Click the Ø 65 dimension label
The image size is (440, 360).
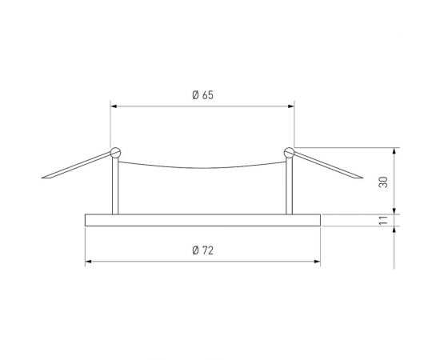click(202, 96)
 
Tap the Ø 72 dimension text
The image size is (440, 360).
click(202, 251)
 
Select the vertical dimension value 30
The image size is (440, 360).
click(384, 182)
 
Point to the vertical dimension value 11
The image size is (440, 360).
click(384, 220)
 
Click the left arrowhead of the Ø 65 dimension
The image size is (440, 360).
click(113, 105)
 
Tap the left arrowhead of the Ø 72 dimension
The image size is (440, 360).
click(88, 262)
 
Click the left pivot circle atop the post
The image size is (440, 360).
click(117, 151)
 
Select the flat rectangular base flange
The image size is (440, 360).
click(202, 220)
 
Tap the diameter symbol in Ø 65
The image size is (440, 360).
click(195, 96)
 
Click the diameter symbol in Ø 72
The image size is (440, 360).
click(195, 251)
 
